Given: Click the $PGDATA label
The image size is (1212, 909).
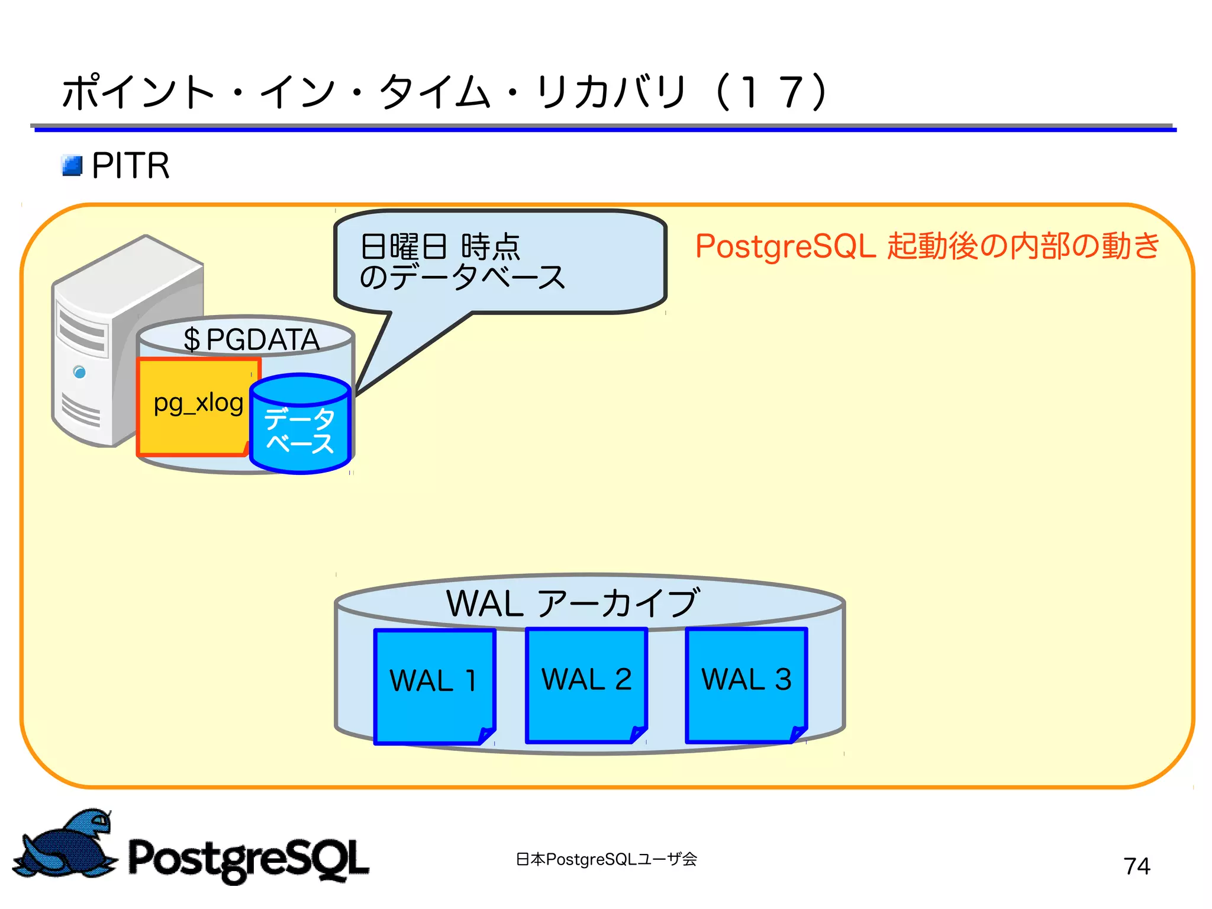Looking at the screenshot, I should pyautogui.click(x=251, y=339).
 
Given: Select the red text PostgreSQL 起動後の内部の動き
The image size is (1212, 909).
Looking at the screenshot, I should pyautogui.click(x=927, y=246).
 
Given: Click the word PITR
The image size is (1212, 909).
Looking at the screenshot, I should pyautogui.click(x=131, y=166).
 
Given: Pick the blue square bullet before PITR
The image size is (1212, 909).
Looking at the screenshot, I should pyautogui.click(x=72, y=166).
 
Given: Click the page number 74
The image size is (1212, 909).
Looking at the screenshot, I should pyautogui.click(x=1136, y=866).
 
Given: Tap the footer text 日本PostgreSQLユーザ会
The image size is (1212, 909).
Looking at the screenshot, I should pyautogui.click(x=606, y=859).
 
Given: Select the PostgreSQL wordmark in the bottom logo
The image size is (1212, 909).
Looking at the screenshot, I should pyautogui.click(x=249, y=859).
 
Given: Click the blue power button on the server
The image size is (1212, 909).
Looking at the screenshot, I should pyautogui.click(x=79, y=372).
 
